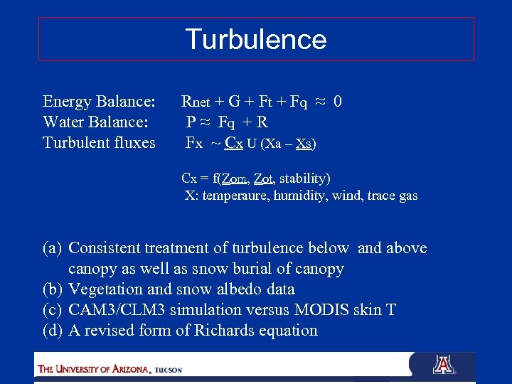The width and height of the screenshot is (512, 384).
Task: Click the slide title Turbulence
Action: [x=256, y=39]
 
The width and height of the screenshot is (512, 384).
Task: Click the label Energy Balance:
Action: [x=99, y=102]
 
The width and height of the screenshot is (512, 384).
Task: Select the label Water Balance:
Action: [x=95, y=122]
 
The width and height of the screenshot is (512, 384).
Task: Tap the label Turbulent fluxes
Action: [x=99, y=143]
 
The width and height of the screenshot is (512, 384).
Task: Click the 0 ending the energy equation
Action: [x=338, y=102]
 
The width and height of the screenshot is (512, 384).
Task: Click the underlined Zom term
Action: [x=233, y=178]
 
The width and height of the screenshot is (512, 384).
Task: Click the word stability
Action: [x=305, y=178]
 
